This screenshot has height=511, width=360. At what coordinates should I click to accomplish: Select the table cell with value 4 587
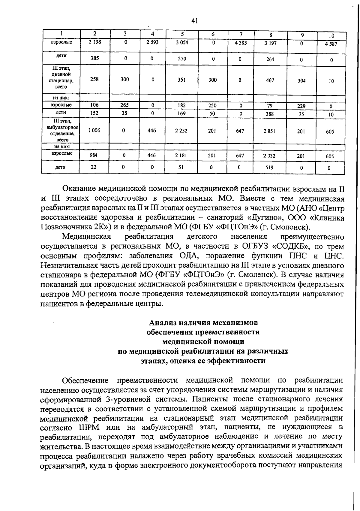point(331,44)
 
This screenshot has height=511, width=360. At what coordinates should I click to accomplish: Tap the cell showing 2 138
point(95,42)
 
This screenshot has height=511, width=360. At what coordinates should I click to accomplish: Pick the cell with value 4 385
point(241,43)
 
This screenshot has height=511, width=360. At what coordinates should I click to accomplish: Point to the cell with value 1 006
point(94,130)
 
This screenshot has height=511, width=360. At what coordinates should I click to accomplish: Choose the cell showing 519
point(269,168)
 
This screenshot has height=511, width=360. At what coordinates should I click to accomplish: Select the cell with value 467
point(270,80)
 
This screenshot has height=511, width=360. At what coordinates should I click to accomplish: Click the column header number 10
point(331,36)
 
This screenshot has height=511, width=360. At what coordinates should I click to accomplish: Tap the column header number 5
point(182,34)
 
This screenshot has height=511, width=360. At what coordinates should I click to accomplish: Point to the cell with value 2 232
point(181,131)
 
